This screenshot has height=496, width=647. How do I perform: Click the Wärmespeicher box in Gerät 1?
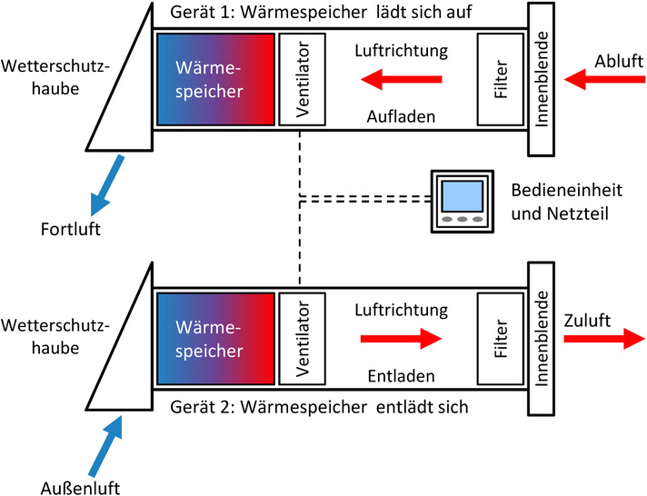pos(215,79)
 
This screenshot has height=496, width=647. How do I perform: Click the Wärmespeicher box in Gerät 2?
pos(215,338)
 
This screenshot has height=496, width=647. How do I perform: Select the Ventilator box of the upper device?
pos(302,79)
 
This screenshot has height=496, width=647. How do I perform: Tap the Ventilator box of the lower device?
pos(302,338)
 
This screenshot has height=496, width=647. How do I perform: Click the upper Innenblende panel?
pos(542,79)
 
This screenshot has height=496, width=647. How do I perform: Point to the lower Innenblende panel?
pos(542,338)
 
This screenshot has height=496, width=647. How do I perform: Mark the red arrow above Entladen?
pos(401,340)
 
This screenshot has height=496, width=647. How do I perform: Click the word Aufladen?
pos(402,118)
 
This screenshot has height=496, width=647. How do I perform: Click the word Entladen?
pos(402,375)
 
